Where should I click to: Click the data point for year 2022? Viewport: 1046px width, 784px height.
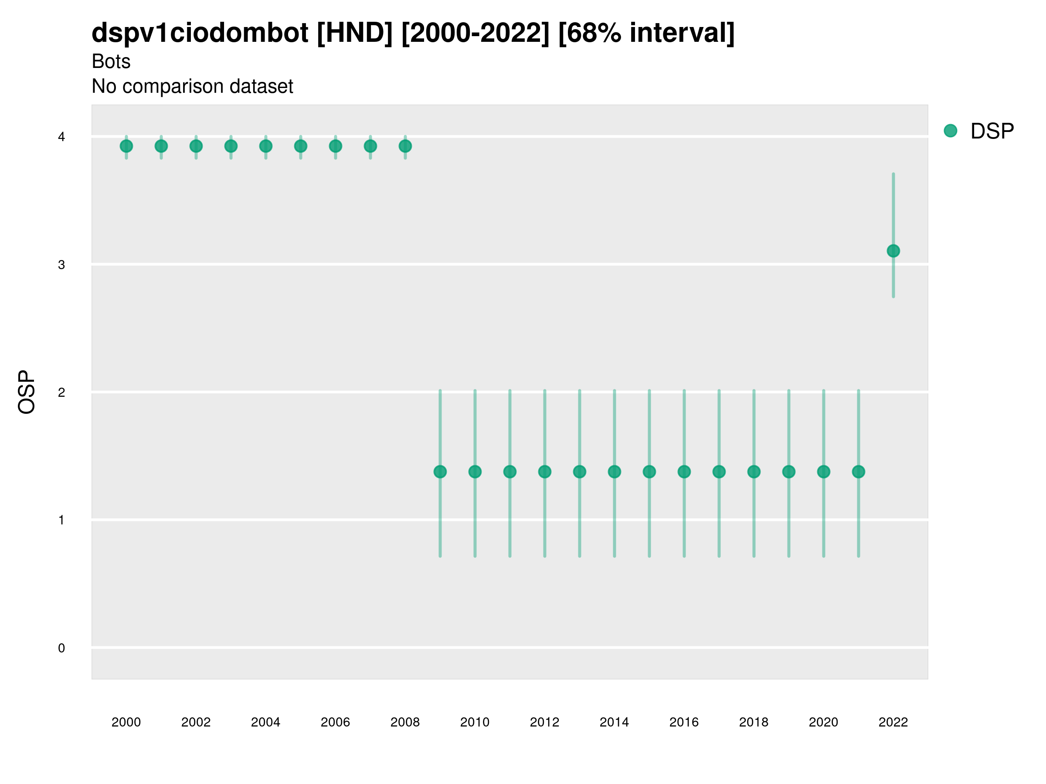click(x=893, y=251)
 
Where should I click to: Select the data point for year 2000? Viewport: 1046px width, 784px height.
click(x=126, y=146)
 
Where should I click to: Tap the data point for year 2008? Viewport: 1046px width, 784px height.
click(x=405, y=146)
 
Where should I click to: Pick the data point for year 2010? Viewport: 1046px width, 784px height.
click(x=475, y=472)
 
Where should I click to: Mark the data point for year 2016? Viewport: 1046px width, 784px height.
click(x=684, y=472)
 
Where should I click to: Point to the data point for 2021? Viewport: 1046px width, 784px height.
click(x=859, y=472)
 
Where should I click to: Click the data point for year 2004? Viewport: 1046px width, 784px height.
click(x=266, y=146)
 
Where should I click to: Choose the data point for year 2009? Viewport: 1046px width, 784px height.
click(x=440, y=472)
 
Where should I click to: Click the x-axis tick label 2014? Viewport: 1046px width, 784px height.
click(x=614, y=722)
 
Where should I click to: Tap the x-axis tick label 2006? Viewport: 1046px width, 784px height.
click(x=335, y=722)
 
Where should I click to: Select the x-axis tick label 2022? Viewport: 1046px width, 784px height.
click(x=893, y=722)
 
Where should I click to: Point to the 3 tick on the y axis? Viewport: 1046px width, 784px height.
click(x=61, y=265)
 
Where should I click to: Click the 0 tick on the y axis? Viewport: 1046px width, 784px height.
click(x=61, y=648)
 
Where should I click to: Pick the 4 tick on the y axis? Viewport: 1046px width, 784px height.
click(x=61, y=137)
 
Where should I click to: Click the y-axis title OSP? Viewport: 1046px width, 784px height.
click(x=27, y=392)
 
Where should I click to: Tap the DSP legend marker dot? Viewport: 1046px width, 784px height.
click(x=951, y=131)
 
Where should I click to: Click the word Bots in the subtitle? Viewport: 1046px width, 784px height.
click(x=111, y=61)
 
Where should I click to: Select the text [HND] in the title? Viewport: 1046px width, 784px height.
click(x=355, y=33)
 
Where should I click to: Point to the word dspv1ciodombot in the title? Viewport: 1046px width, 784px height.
click(x=200, y=33)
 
